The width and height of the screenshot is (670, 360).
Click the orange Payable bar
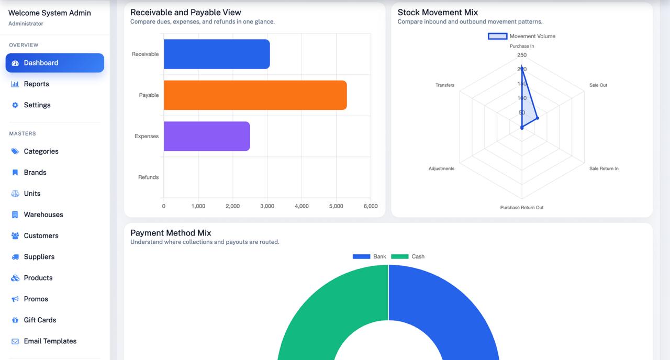[255, 95]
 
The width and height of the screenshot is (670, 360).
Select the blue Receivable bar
[217, 54]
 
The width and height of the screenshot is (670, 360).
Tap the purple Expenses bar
[207, 137]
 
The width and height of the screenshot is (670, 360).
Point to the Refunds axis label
[148, 177]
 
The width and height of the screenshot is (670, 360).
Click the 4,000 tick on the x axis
[301, 206]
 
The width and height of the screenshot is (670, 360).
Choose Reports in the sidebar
[36, 84]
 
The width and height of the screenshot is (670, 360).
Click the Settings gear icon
[15, 105]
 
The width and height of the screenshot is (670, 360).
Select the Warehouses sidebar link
[43, 215]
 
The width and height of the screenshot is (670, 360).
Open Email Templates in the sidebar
[50, 341]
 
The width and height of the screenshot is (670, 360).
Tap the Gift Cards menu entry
[40, 320]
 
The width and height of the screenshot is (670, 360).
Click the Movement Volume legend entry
[521, 36]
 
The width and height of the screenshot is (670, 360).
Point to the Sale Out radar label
[598, 85]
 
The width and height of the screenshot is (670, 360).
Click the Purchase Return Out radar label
[521, 208]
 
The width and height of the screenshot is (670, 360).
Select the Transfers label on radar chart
[445, 85]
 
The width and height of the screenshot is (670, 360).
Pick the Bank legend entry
[370, 256]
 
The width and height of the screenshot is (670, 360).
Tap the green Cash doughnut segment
[314, 309]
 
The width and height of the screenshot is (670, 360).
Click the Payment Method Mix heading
[171, 233]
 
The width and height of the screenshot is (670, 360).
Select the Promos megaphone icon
[15, 299]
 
